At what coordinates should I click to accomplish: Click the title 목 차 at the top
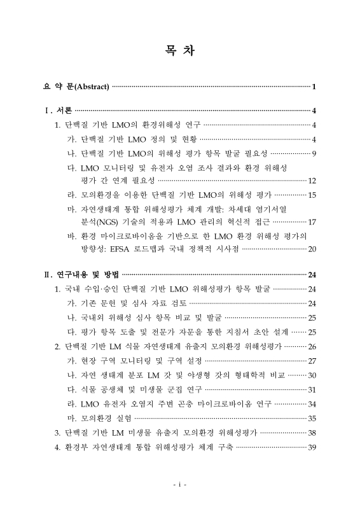pyautogui.click(x=180, y=50)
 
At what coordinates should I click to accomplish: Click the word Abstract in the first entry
pyautogui.click(x=90, y=86)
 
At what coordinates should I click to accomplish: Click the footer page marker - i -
pyautogui.click(x=179, y=485)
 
